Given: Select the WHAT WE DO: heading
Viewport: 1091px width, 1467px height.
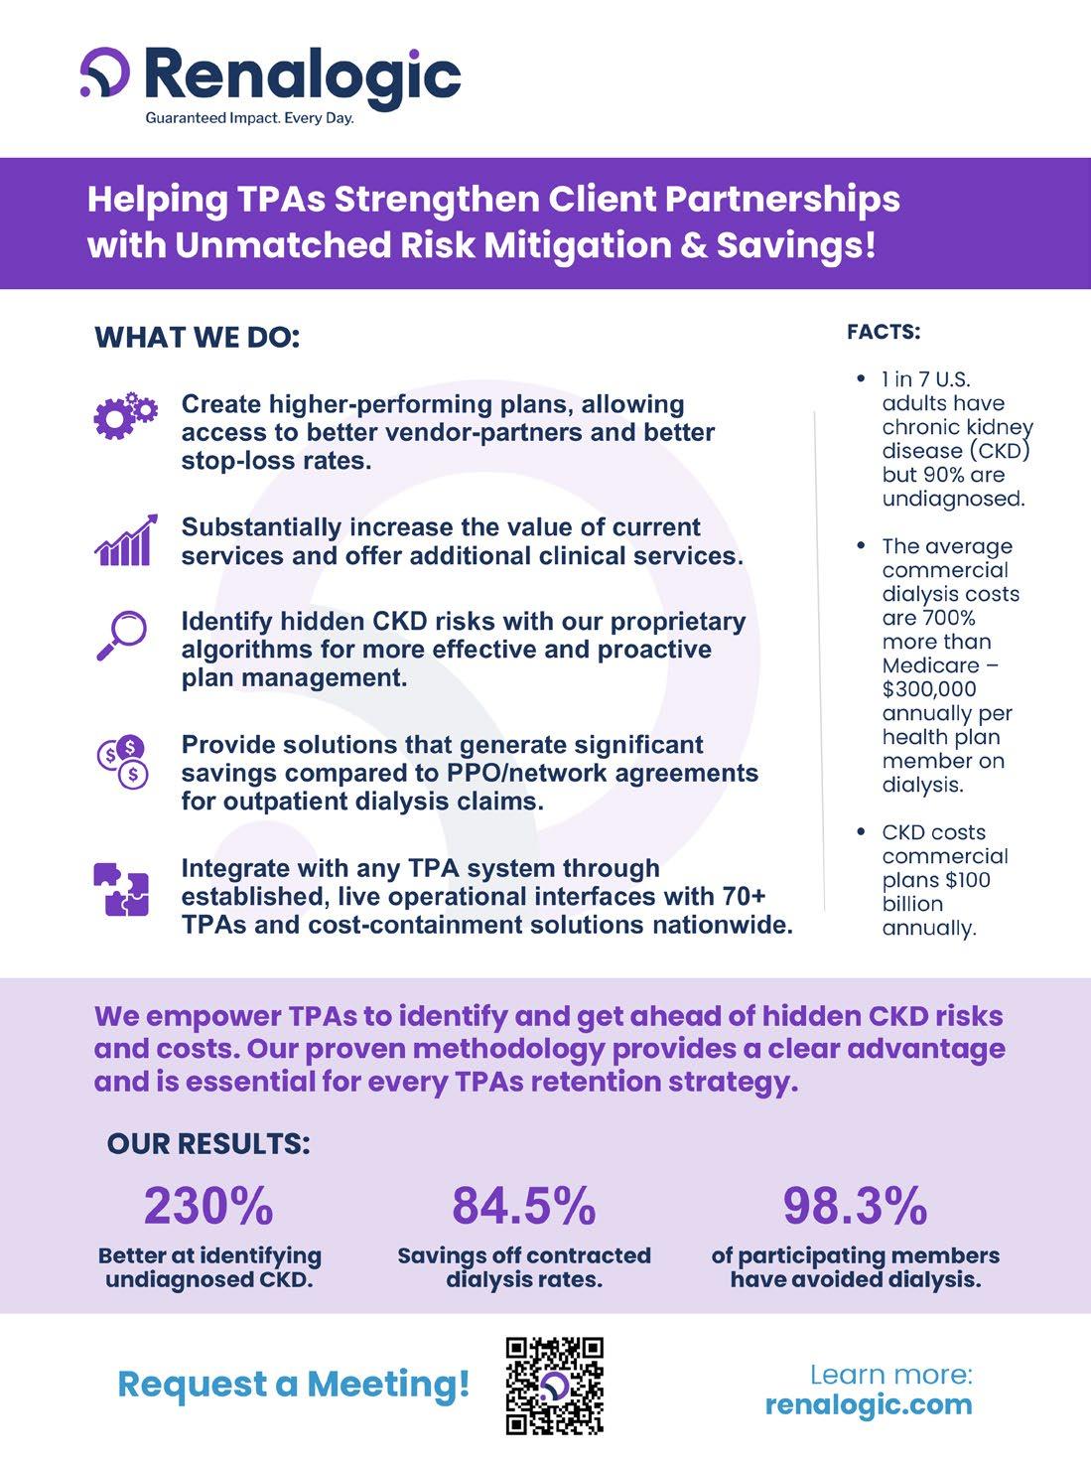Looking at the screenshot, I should [x=197, y=338].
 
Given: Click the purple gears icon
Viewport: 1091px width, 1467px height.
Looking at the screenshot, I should [x=125, y=417].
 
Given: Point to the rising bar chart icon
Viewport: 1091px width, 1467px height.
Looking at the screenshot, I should [x=125, y=541].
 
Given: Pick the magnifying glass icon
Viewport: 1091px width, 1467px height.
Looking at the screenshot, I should [x=122, y=636].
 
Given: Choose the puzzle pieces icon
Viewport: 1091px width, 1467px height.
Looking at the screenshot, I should [x=121, y=889].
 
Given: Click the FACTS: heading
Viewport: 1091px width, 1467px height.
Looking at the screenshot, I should [x=884, y=332].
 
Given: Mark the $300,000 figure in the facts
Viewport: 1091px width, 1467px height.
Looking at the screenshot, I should [x=929, y=689].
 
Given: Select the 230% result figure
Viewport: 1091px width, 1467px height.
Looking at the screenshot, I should [x=208, y=1206].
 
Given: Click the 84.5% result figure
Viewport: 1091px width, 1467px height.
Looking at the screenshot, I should [x=523, y=1206].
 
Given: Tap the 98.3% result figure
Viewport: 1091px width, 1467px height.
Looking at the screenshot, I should [x=855, y=1206].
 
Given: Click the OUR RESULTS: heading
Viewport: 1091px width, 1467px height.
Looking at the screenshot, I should [x=208, y=1144].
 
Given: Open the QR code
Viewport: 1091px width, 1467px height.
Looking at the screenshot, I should [x=554, y=1386].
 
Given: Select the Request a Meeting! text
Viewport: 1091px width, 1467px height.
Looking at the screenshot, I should [x=294, y=1384].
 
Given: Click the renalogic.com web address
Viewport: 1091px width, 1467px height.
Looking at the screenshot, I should [x=869, y=1404].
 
